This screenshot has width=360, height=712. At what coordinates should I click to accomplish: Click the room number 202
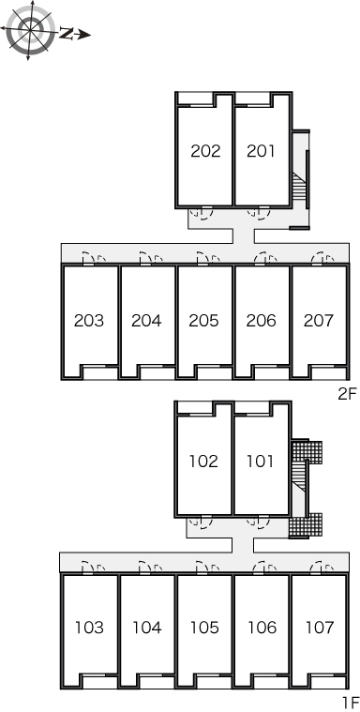[205, 151]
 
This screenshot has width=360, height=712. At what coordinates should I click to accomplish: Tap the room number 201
[261, 151]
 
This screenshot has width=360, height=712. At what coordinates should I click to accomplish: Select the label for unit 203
[89, 321]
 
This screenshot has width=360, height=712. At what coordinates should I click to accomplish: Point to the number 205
[203, 321]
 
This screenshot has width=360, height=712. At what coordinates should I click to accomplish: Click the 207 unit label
[319, 321]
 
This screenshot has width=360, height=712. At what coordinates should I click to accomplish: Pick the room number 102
[203, 462]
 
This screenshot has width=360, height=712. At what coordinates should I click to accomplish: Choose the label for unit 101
[260, 462]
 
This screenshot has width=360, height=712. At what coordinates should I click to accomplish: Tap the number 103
[89, 628]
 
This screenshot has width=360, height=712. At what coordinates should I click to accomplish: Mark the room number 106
[262, 628]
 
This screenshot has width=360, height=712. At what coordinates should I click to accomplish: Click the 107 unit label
[320, 628]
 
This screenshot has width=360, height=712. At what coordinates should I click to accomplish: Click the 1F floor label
[351, 703]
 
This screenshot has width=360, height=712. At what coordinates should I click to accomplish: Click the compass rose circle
[30, 29]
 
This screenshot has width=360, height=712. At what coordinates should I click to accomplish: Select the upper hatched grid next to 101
[307, 451]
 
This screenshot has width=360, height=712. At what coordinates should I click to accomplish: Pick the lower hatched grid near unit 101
[306, 526]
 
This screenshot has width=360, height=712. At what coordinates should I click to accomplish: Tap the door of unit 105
[202, 568]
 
